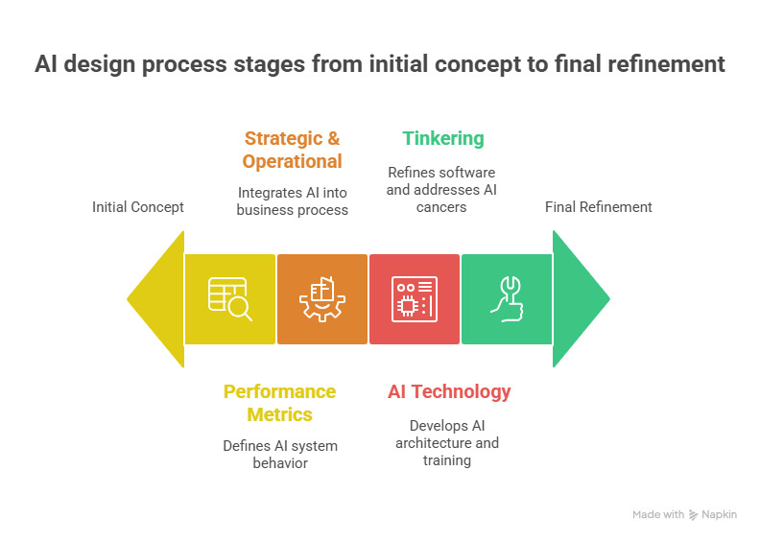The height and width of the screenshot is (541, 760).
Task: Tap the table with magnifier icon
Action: pos(229,299)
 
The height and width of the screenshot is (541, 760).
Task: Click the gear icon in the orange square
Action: pos(321,299)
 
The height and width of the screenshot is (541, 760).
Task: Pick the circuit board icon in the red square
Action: pos(415,299)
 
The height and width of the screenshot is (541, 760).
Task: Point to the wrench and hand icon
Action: pos(506,299)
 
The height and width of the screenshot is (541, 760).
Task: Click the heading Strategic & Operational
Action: pos(292,150)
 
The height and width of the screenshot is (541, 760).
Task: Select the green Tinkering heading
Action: pos(443,138)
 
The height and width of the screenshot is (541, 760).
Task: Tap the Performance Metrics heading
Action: pos(279,403)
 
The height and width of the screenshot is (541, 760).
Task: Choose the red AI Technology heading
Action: pos(449,391)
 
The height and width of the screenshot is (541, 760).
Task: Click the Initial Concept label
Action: pos(138,207)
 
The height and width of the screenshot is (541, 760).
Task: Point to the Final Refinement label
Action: pos(599,207)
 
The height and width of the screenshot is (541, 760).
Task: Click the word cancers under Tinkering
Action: pos(441,206)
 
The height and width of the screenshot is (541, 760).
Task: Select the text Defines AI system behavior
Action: pos(279,455)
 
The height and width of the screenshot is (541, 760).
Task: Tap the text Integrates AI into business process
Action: pos(292,201)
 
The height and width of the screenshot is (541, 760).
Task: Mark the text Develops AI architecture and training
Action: pos(447,443)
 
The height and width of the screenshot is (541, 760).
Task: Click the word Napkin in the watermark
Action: pos(720,515)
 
